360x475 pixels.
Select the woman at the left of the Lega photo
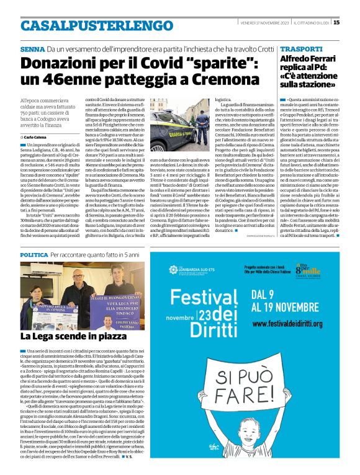35,291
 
